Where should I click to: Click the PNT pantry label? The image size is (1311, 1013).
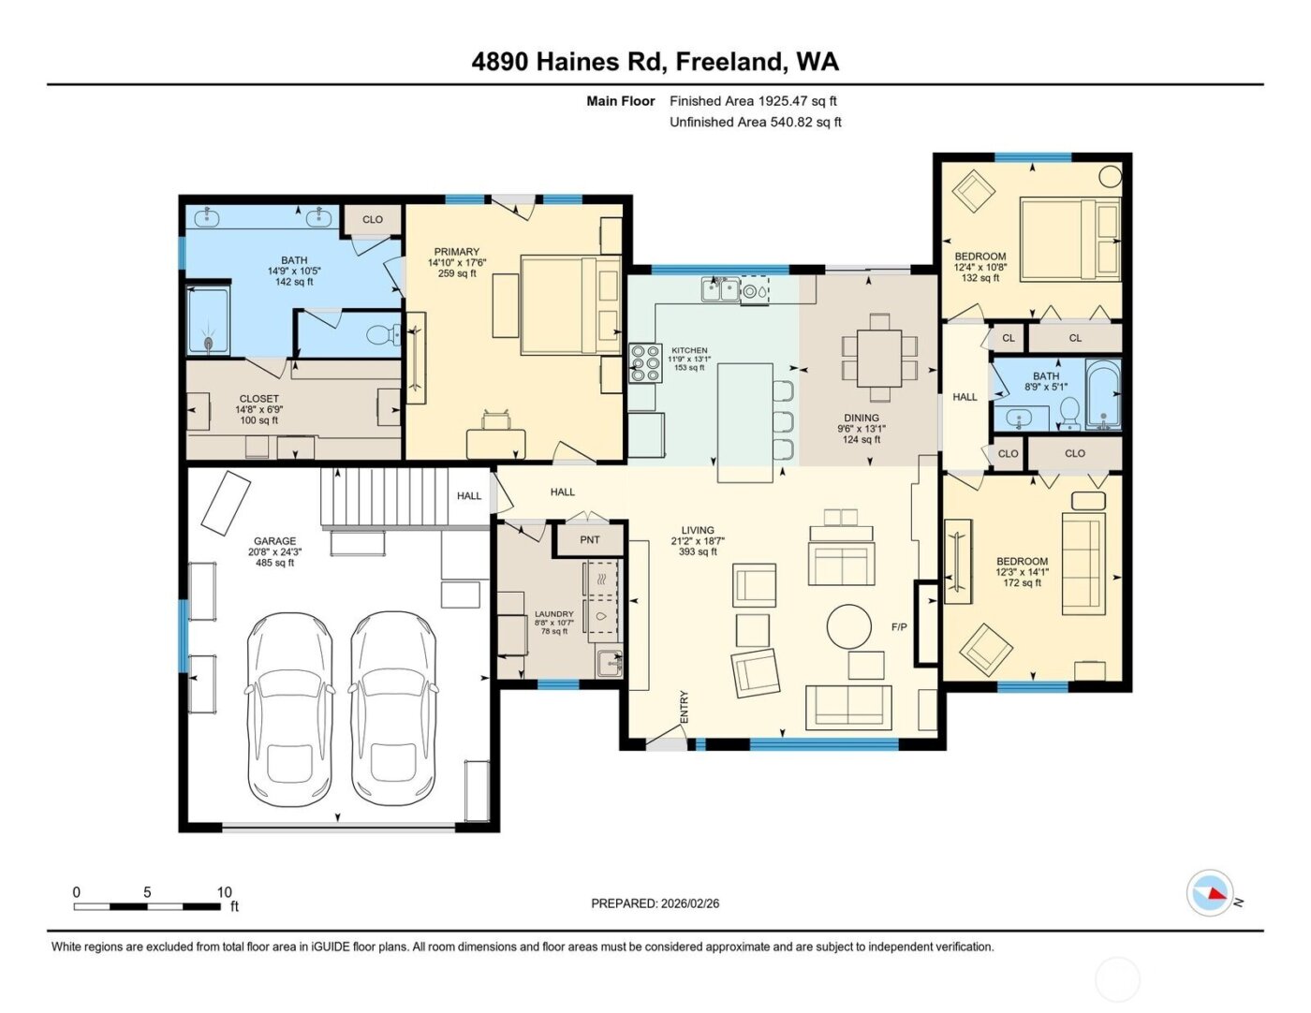click(589, 539)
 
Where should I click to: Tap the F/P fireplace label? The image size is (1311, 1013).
click(899, 626)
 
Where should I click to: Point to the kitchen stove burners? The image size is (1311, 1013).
click(643, 363)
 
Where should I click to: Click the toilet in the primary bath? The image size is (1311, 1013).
click(383, 334)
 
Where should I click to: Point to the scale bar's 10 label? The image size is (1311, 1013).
click(224, 892)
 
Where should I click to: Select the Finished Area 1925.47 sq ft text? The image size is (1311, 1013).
click(753, 101)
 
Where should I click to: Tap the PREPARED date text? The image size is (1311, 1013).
click(655, 903)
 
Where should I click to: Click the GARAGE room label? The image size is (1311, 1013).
click(274, 541)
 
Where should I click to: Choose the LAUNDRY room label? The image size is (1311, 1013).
click(553, 614)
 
